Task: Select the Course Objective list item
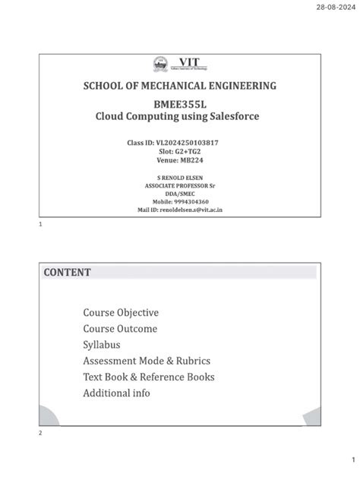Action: pos(121,313)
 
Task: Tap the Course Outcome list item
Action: pos(120,329)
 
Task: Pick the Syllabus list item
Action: pos(102,345)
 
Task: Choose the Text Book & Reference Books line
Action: pos(148,377)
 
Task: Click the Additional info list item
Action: pos(116,393)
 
